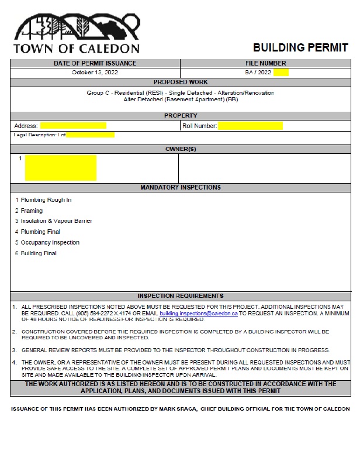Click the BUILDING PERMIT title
(300, 48)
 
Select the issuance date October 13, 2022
(95, 73)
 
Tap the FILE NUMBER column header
(265, 63)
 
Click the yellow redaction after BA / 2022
(281, 73)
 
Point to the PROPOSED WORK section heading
(180, 82)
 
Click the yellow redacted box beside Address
(73, 125)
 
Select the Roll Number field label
(199, 126)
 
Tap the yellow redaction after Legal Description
(90, 135)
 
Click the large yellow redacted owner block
(61, 168)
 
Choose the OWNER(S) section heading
(180, 149)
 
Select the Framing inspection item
(32, 211)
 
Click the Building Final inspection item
(39, 253)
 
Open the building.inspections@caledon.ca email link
(198, 314)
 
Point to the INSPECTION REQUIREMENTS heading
(180, 296)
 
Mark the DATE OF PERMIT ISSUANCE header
(95, 63)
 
